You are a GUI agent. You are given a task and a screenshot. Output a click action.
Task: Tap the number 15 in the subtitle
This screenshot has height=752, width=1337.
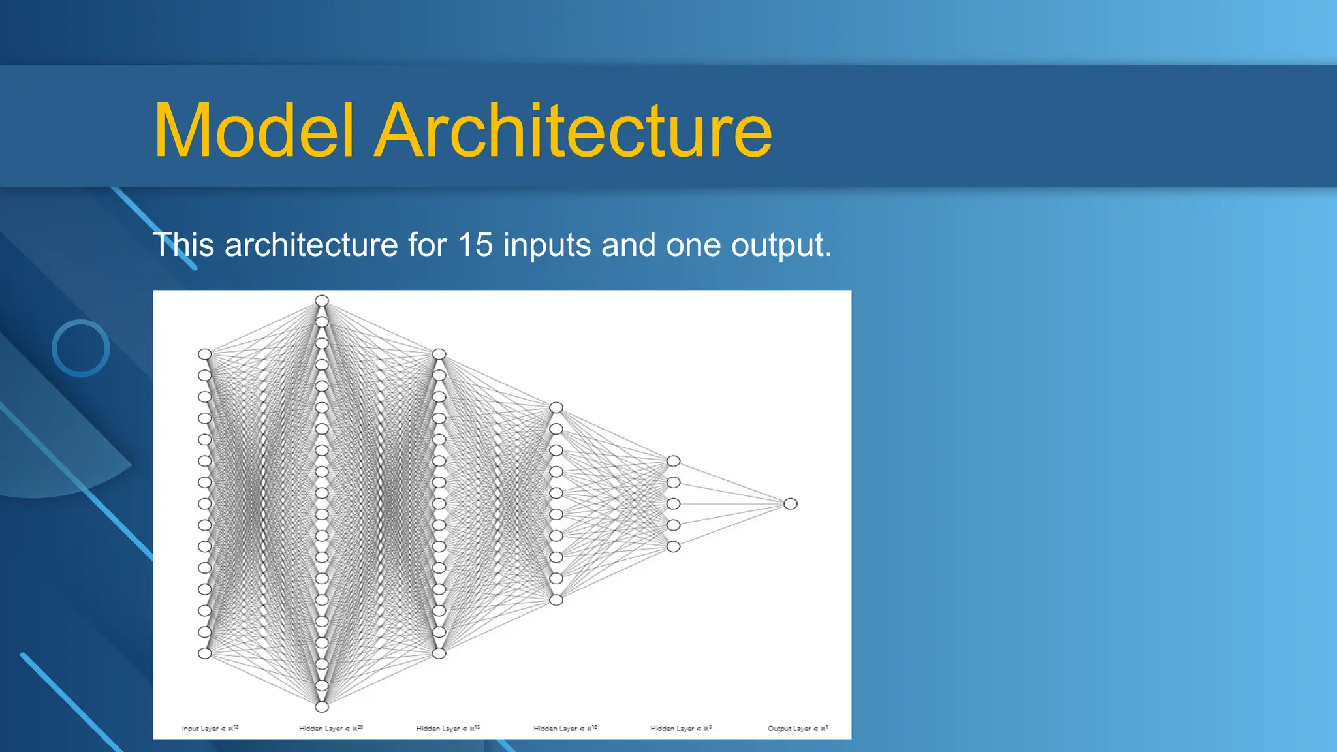coord(475,245)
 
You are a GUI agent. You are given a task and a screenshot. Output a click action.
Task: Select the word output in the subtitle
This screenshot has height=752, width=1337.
coord(781,246)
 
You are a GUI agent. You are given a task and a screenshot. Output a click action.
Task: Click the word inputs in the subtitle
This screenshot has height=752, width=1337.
coord(547,246)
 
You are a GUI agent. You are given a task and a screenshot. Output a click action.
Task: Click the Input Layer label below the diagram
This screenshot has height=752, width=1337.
coord(210,728)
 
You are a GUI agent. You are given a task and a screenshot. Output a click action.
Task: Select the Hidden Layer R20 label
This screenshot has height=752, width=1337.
coord(331,728)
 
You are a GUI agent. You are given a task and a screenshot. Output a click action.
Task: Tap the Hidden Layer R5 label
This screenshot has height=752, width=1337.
coord(681,728)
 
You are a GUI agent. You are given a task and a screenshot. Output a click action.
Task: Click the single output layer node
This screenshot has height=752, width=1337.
coord(791,504)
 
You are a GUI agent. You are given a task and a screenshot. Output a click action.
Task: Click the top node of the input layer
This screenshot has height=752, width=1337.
coord(205,354)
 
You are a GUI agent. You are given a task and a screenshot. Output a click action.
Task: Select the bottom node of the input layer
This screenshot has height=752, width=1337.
coord(205,653)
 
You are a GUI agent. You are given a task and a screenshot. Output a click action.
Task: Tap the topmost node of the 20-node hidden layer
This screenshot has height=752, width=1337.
coord(322,300)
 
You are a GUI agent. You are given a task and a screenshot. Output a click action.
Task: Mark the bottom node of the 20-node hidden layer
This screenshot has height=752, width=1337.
coord(322,707)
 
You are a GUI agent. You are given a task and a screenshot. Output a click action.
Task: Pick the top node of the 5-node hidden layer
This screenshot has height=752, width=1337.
coord(674,461)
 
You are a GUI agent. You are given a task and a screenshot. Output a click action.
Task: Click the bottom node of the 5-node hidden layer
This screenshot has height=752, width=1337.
coord(674,546)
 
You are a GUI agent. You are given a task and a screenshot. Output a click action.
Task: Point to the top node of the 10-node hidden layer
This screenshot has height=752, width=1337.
coord(556,407)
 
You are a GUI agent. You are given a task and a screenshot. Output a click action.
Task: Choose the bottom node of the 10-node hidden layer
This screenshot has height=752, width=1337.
coord(556,600)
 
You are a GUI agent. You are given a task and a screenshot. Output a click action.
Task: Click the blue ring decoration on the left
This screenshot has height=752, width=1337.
coord(81,348)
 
